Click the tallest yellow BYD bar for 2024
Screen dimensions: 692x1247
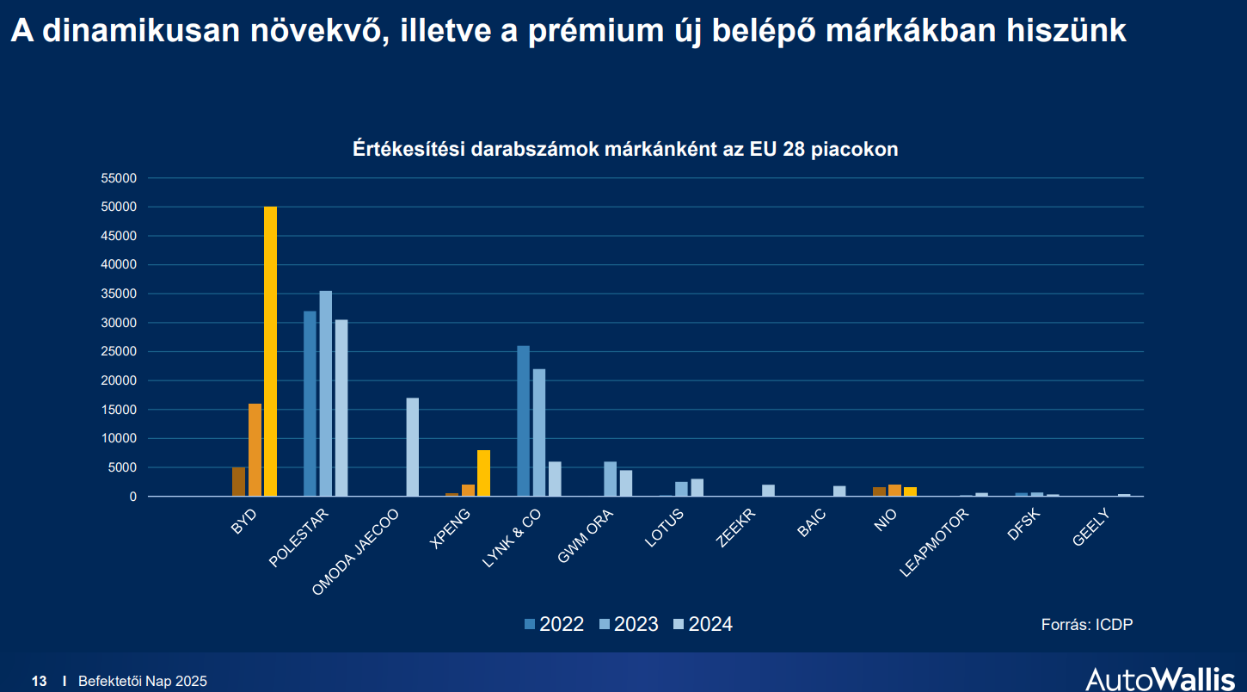coord(270,351)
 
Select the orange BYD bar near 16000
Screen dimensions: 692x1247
coord(255,449)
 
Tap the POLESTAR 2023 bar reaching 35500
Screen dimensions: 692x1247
coord(326,393)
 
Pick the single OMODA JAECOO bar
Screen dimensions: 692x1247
coord(413,447)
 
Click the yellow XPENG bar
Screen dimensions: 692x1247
coord(483,473)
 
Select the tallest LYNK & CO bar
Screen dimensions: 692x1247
coord(523,421)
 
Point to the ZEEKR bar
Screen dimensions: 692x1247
coord(768,491)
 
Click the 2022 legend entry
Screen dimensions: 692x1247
coord(555,624)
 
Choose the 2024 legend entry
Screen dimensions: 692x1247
coord(703,624)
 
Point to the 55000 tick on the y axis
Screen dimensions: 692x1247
coord(120,178)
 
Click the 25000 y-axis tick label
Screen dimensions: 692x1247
coord(120,352)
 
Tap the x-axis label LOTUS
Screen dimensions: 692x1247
coord(663,529)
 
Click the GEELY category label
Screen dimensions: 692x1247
coord(1091,528)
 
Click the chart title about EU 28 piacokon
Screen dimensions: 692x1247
coord(625,149)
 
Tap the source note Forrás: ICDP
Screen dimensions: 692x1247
coord(1087,625)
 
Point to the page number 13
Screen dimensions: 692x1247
coord(40,682)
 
